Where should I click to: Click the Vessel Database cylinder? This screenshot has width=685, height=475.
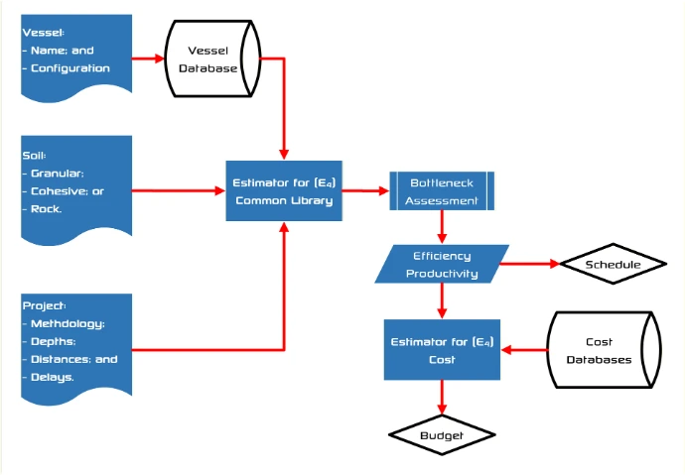[213, 59]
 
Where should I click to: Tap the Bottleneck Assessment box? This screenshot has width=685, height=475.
[441, 191]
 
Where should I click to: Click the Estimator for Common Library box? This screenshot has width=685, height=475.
[284, 191]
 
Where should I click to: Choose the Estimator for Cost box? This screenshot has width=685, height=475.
[441, 351]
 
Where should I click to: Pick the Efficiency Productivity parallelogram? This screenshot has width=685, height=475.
[441, 265]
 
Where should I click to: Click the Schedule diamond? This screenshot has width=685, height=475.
[613, 265]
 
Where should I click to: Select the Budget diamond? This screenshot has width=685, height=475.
[441, 434]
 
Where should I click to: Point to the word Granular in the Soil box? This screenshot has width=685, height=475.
[64, 173]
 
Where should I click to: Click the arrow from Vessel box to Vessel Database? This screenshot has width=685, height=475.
[148, 59]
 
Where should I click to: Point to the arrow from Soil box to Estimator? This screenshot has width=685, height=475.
[179, 188]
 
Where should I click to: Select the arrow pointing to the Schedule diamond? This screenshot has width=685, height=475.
[531, 265]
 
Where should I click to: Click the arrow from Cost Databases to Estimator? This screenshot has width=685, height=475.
[523, 350]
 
